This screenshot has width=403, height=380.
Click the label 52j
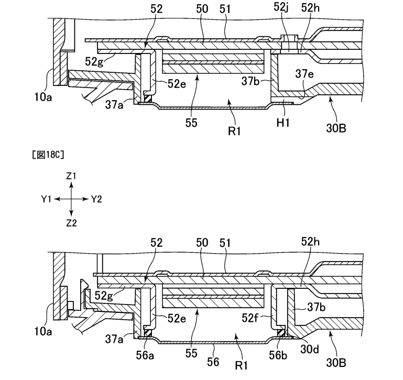coord(281,7)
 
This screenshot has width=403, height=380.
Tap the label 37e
coord(304,74)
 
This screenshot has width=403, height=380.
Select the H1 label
coord(283,123)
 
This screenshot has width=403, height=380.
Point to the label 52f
coord(250,318)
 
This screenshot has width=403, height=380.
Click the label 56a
coord(145,355)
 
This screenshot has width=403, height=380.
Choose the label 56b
coord(278,355)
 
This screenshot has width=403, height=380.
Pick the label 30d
coord(310,349)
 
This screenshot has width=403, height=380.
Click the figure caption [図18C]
coord(48,155)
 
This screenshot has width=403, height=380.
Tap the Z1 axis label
coord(71,176)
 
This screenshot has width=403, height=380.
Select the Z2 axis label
coord(71,223)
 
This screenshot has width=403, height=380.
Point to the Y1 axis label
coord(46,199)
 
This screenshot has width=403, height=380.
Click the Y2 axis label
coord(96,199)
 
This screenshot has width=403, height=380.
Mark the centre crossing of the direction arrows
coord(71,199)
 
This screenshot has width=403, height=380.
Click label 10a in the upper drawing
coord(43,97)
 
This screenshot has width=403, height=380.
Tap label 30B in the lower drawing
coord(336,363)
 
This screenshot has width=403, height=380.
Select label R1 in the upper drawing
coord(234,131)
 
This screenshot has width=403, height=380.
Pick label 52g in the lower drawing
coord(104,296)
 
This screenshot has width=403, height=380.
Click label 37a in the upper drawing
coord(114,105)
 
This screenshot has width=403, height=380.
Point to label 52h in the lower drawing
coord(310,242)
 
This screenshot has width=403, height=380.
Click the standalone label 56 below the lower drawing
coord(213,362)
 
